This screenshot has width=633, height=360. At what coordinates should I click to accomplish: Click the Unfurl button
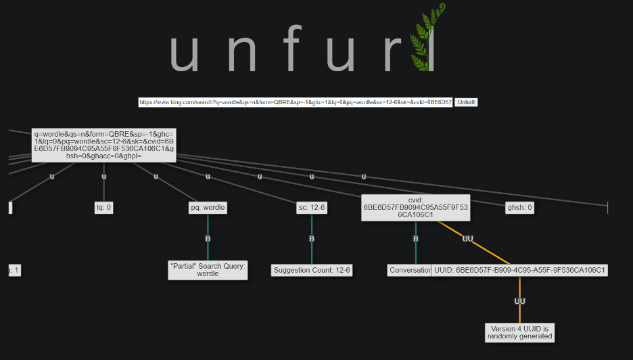[x=466, y=102]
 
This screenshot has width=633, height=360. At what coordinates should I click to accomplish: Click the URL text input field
[x=296, y=102]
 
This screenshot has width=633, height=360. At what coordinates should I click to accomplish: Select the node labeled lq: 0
[x=103, y=208]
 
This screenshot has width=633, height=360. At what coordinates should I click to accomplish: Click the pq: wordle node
[x=208, y=208]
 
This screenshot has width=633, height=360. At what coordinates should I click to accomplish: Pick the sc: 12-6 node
[x=312, y=208]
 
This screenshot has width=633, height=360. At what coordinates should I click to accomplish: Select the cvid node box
[x=415, y=208]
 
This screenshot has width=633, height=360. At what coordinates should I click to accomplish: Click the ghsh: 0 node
[x=519, y=208]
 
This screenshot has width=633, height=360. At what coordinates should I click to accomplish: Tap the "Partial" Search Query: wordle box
[x=208, y=270]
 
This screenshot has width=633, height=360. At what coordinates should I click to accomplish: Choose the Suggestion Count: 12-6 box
[x=312, y=270]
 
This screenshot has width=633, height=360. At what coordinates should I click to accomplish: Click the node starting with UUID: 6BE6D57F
[x=519, y=270]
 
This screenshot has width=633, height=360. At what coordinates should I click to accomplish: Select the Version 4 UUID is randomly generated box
[x=519, y=332]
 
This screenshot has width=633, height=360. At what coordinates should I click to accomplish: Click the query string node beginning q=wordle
[x=103, y=145]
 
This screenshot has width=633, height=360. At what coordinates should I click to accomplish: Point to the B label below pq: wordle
[x=208, y=239]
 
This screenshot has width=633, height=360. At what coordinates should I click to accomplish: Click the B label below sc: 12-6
[x=312, y=239]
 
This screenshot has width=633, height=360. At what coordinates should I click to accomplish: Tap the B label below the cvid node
[x=415, y=239]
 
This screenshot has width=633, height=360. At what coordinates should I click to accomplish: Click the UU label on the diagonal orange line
[x=467, y=239]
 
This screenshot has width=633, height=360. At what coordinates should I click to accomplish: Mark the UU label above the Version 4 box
[x=519, y=301]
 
